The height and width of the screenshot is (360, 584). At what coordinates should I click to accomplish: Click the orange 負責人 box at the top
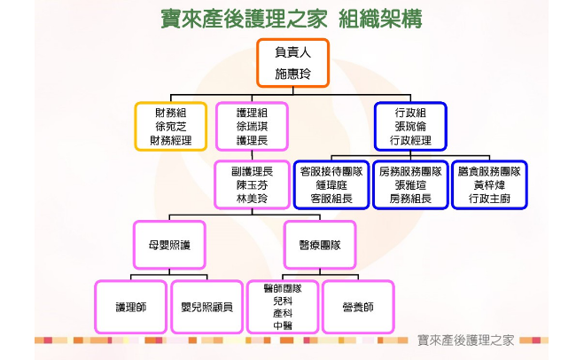pos(292,63)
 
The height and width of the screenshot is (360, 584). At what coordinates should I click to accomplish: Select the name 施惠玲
pos(292,74)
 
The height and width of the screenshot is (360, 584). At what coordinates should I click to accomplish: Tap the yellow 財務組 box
pos(171,126)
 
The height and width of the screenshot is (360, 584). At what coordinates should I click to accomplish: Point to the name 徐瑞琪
pos(253,126)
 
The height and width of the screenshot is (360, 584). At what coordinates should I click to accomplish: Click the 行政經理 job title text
pos(410,140)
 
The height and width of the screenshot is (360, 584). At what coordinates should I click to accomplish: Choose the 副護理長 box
pos(253,184)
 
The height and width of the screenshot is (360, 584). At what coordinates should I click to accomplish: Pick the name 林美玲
pos(253,199)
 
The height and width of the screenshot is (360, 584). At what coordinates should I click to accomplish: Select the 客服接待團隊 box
pos(331,184)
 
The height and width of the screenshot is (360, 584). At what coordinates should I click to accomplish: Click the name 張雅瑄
pos(410,184)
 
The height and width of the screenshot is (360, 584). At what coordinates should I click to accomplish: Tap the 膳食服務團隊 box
pos(489,184)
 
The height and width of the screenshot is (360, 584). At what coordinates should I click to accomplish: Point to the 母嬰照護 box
pos(169,245)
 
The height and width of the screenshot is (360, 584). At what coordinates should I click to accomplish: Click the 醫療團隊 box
pos(320,245)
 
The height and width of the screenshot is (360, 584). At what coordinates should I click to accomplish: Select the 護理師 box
pos(131,307)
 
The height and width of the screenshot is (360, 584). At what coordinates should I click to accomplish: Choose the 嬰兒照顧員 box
pos(207,307)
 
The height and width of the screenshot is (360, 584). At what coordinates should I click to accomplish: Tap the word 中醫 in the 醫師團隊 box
pos(283,325)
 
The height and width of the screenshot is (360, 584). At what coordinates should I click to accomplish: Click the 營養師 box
pos(358,307)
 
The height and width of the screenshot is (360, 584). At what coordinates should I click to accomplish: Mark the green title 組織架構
pos(380,19)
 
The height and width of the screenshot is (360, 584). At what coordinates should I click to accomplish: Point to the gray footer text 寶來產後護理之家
pos(465,340)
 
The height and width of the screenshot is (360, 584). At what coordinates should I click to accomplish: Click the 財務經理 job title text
pos(171,140)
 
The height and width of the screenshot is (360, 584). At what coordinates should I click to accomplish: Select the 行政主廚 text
pos(489,199)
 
